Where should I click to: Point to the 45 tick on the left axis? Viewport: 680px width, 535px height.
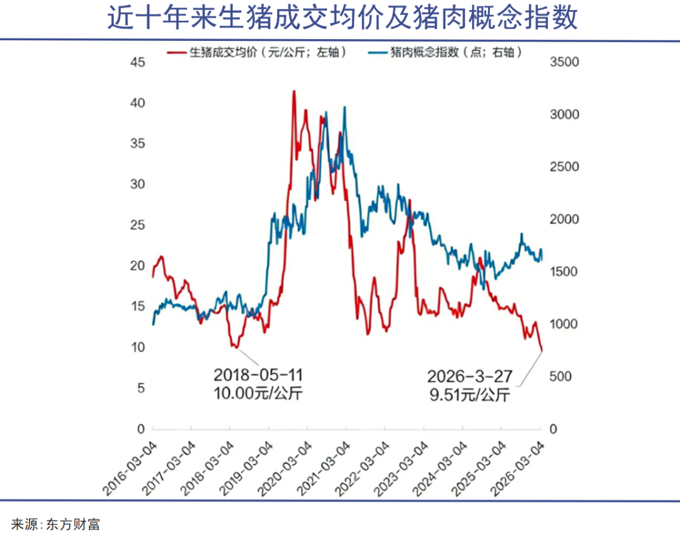pyautogui.click(x=137, y=62)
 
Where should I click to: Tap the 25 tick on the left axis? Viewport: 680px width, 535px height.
pyautogui.click(x=137, y=225)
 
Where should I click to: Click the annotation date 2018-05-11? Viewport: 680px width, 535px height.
pyautogui.click(x=258, y=376)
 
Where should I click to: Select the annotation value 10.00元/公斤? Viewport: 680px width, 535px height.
pyautogui.click(x=258, y=394)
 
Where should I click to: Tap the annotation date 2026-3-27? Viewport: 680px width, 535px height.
pyautogui.click(x=470, y=377)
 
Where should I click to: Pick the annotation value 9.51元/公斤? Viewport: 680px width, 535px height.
pyautogui.click(x=470, y=396)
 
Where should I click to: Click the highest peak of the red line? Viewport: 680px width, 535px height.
pyautogui.click(x=293, y=91)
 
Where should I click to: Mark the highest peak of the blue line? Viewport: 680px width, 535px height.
pyautogui.click(x=344, y=107)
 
